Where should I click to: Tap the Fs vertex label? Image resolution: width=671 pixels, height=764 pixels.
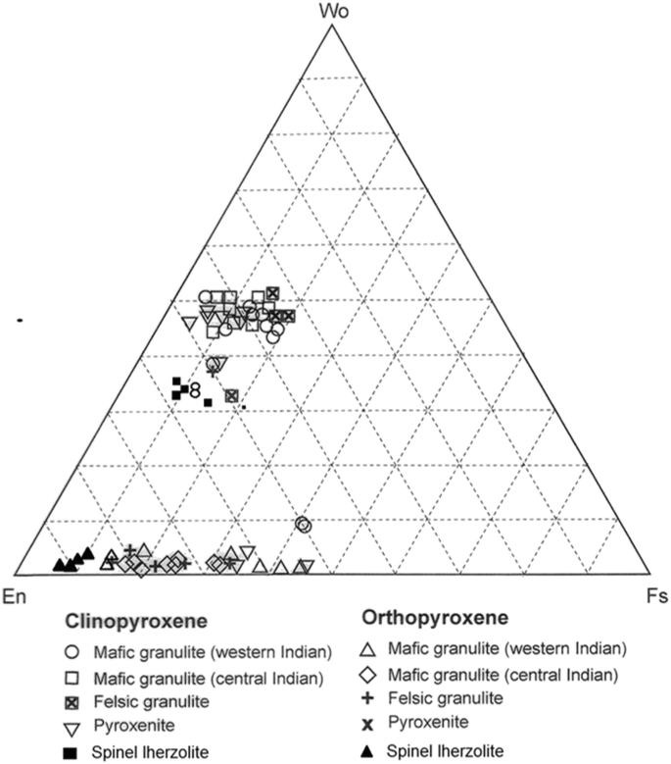(654, 594)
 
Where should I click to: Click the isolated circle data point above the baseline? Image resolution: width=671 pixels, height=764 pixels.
(304, 525)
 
